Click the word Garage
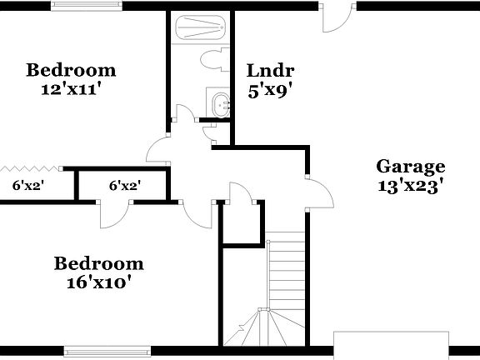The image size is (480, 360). point(410,166)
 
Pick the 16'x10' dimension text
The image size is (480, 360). point(98,282)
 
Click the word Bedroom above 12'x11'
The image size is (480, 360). point(70,69)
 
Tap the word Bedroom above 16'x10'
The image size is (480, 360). point(98,264)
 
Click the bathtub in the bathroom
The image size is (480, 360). point(200,29)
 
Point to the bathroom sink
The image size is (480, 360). point(221,106)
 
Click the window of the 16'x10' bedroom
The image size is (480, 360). point(95,350)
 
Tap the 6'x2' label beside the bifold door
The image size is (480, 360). point(28,186)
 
